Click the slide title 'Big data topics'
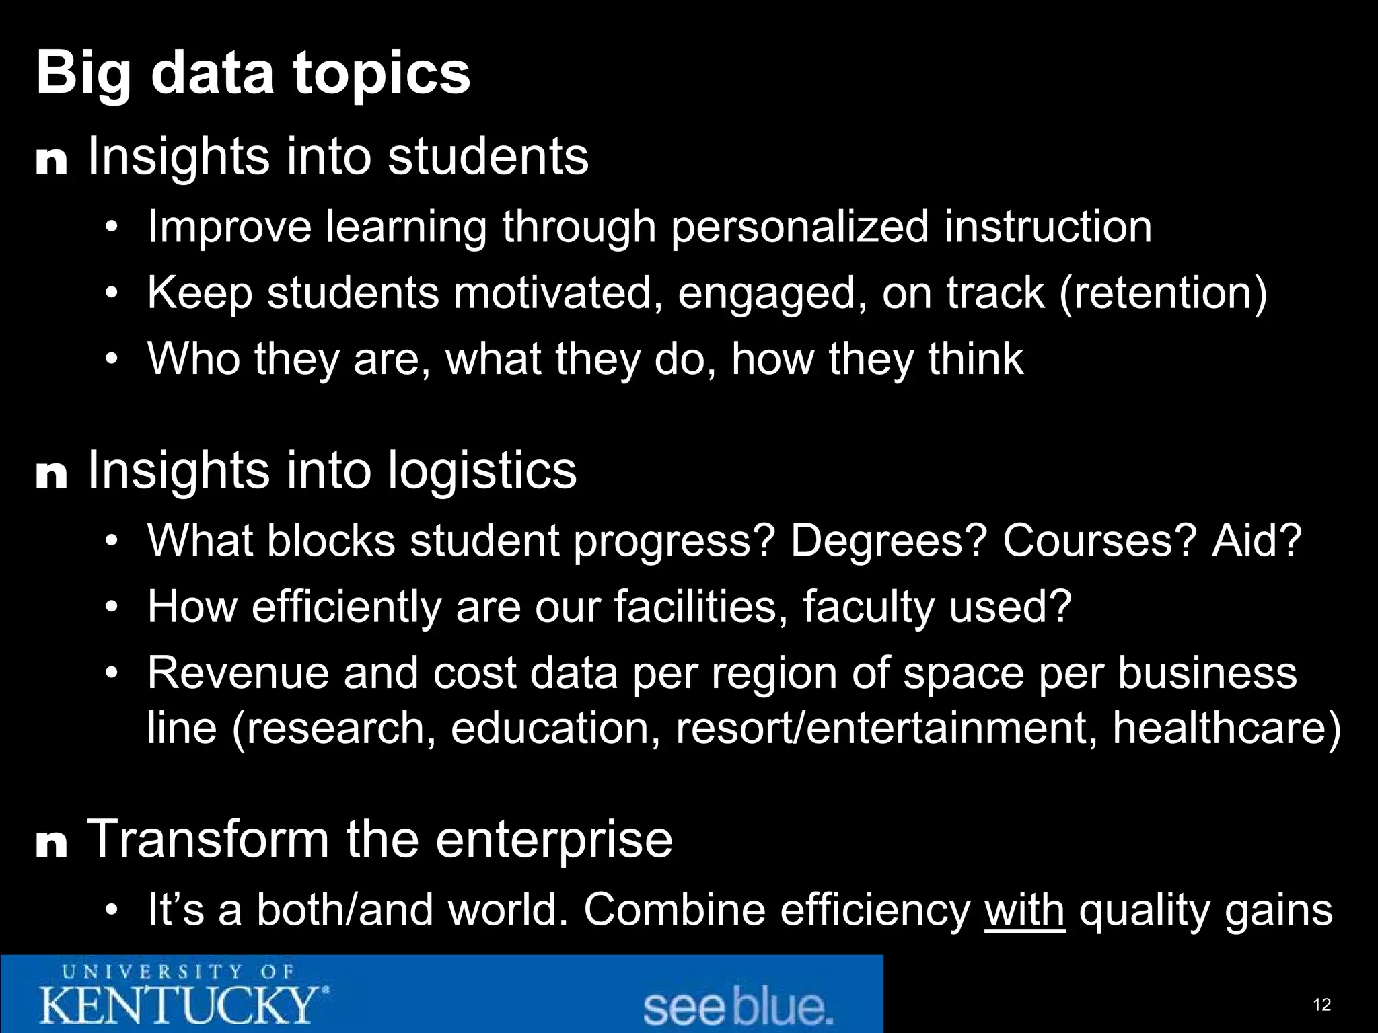point(253,74)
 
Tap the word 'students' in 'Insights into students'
point(488,157)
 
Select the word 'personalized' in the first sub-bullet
point(799,227)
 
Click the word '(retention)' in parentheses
point(1163,293)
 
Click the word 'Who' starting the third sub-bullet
point(193,358)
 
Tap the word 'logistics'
point(482,470)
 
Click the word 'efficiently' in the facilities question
point(346,607)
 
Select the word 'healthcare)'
point(1227,728)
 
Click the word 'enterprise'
point(554,839)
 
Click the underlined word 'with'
point(1024,910)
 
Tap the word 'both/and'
point(344,910)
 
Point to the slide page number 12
point(1321,1005)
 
